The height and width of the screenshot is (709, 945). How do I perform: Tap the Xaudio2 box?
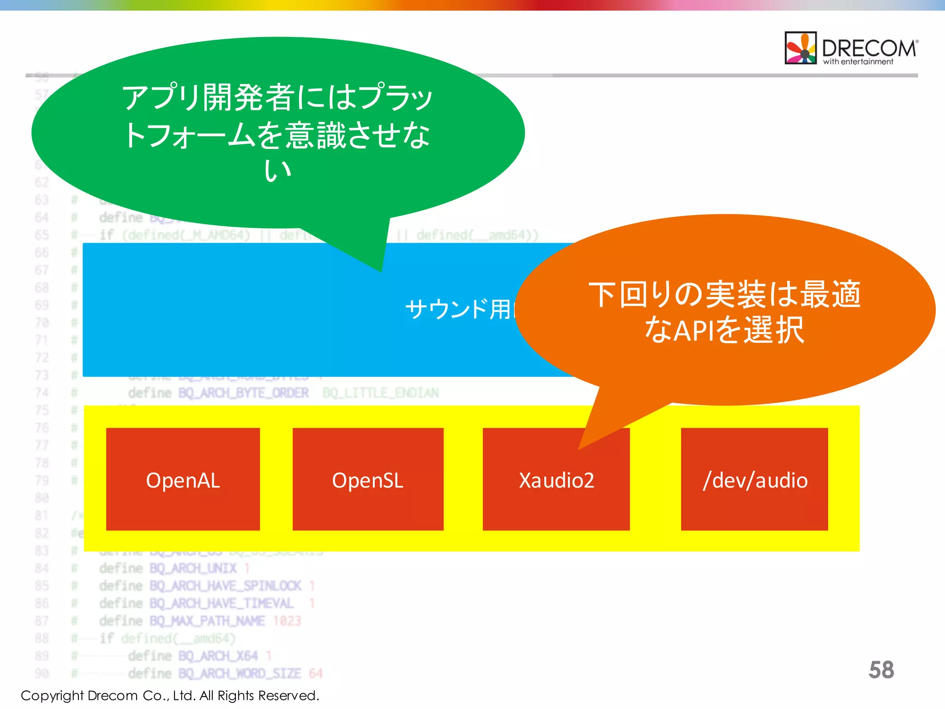[x=556, y=480]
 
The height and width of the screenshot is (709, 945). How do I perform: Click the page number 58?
[x=881, y=670]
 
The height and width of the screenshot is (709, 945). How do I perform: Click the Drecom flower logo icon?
[x=801, y=48]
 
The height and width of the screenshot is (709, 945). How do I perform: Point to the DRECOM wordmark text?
[x=869, y=47]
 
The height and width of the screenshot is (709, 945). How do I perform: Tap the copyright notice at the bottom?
[x=170, y=695]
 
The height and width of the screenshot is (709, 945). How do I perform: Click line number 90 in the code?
[x=42, y=673]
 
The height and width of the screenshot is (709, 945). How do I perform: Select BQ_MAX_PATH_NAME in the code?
[x=207, y=621]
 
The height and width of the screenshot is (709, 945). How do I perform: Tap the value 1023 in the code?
[x=287, y=621]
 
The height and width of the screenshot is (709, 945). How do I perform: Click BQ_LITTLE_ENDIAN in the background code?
[x=381, y=393]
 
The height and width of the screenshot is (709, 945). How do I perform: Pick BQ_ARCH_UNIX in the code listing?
[x=193, y=568]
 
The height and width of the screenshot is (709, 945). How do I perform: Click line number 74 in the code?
[x=42, y=393]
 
